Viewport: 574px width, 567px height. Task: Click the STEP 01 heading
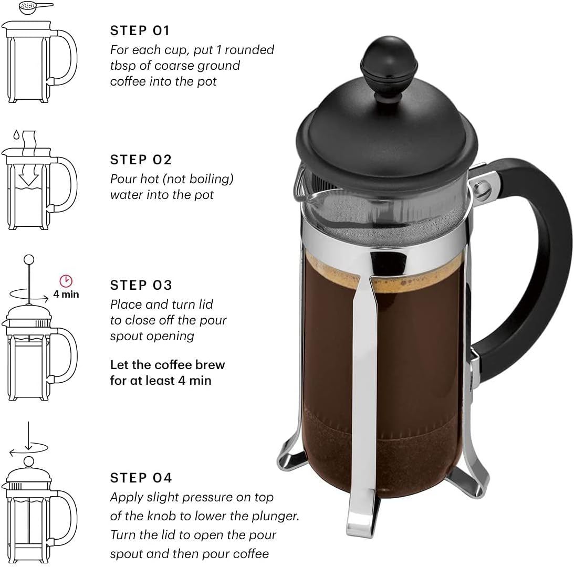tap(140, 31)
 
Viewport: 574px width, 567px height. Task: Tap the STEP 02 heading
tap(141, 160)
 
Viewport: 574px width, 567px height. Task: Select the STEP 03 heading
tap(141, 285)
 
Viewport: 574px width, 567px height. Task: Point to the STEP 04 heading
tap(141, 478)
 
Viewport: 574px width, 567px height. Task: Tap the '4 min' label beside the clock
tap(67, 295)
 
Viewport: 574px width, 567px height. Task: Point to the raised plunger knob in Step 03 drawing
tap(29, 259)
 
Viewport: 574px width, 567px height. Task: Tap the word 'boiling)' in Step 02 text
tap(212, 179)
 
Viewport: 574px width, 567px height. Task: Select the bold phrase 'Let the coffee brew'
tap(168, 365)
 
